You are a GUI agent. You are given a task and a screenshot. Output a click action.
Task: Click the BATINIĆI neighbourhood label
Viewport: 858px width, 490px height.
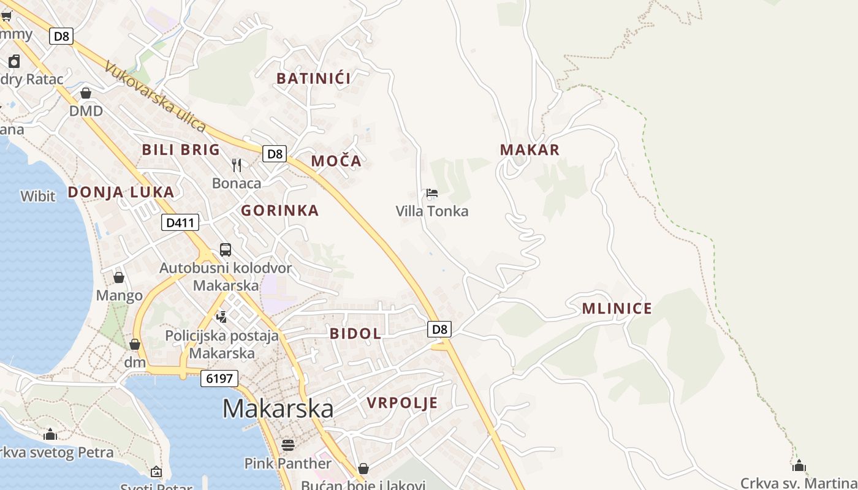pyautogui.click(x=313, y=78)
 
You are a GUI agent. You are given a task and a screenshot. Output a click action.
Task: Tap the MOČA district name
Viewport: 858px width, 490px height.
pyautogui.click(x=336, y=161)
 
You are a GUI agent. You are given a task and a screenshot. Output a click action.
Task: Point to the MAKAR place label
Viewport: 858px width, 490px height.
pyautogui.click(x=530, y=149)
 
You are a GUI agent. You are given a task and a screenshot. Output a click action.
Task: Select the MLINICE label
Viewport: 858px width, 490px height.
pyautogui.click(x=617, y=308)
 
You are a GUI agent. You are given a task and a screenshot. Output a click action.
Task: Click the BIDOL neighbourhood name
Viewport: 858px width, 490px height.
pyautogui.click(x=355, y=333)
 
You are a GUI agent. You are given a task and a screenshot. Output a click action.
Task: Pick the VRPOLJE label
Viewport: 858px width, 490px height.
pyautogui.click(x=402, y=402)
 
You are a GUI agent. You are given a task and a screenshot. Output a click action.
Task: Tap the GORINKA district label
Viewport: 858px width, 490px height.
pyautogui.click(x=279, y=211)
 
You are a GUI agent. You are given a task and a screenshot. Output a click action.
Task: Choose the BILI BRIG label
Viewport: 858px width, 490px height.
pyautogui.click(x=181, y=149)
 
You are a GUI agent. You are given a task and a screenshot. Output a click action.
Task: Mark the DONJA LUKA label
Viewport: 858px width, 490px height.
pyautogui.click(x=121, y=192)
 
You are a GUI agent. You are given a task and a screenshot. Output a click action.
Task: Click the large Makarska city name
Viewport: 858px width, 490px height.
pyautogui.click(x=278, y=409)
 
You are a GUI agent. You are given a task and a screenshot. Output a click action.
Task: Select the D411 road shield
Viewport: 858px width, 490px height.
pyautogui.click(x=180, y=222)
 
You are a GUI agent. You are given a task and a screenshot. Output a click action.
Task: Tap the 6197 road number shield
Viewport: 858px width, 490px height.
pyautogui.click(x=219, y=379)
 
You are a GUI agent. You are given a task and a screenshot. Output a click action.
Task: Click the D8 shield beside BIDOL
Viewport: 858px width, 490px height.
pyautogui.click(x=439, y=330)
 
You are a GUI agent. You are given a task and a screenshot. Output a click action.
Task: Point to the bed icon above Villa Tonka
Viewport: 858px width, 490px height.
pyautogui.click(x=432, y=193)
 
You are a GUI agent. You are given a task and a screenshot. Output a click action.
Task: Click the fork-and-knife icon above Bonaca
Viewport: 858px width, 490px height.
pyautogui.click(x=237, y=165)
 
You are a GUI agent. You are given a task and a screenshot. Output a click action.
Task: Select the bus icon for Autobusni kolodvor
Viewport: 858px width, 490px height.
pyautogui.click(x=226, y=250)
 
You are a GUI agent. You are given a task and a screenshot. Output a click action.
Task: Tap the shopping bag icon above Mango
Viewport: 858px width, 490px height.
pyautogui.click(x=119, y=277)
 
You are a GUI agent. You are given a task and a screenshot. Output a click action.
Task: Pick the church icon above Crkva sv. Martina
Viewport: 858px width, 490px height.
pyautogui.click(x=799, y=466)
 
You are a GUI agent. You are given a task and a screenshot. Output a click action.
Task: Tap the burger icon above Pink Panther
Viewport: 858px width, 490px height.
pyautogui.click(x=287, y=445)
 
